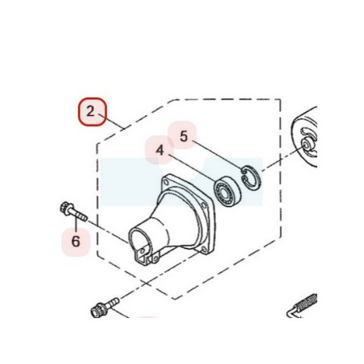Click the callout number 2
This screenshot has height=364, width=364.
pos(91,111)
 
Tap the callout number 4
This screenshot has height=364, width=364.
pos(159,151)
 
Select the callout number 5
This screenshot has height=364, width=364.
pos(184,136)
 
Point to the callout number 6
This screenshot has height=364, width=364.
pos(76,242)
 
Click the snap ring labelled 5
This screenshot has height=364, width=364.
pos(250,178)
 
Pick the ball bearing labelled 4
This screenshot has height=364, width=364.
pos(227,192)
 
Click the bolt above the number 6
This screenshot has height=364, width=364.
pos(73,212)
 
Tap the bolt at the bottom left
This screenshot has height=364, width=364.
pos(105,308)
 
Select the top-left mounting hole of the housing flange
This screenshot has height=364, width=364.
pos(166,183)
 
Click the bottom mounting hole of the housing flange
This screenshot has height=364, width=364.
pos(204,250)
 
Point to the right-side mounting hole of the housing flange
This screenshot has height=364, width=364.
pos(204,205)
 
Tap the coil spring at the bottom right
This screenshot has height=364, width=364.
pos(308,303)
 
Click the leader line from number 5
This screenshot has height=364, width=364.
pos(217,155)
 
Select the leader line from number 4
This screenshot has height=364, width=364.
pos(192,168)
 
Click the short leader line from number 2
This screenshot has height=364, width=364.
pos(112,122)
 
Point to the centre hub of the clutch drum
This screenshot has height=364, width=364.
pos(306,145)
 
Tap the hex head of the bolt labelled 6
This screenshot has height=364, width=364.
pos(65,208)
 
